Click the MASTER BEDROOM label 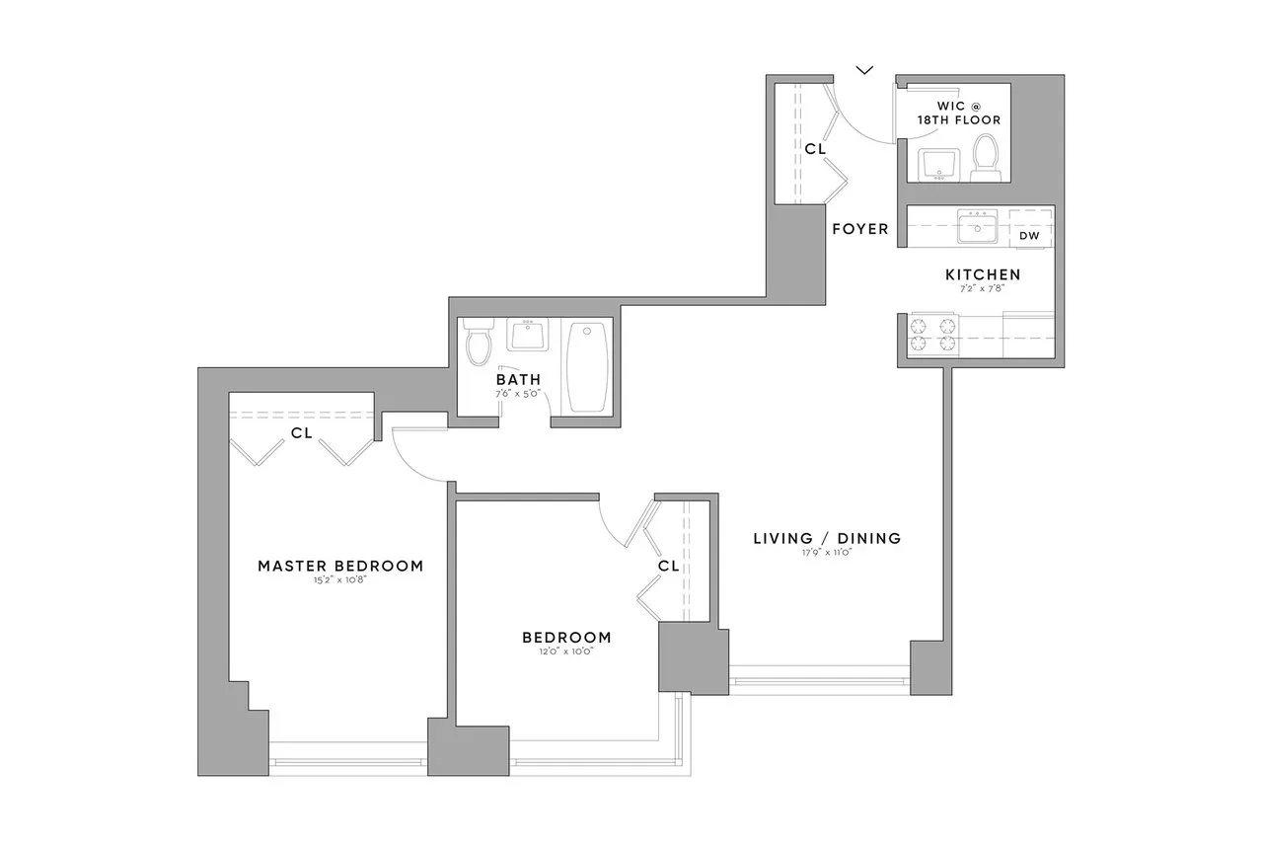[340, 566]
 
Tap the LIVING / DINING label [827, 538]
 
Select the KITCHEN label [983, 274]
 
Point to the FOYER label [859, 229]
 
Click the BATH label [518, 379]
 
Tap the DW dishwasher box [1029, 236]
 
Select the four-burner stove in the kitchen [933, 334]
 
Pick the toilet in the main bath [481, 343]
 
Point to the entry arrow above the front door [864, 69]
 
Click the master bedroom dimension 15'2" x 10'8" [340, 580]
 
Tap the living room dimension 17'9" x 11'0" [827, 553]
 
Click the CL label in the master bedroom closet [302, 432]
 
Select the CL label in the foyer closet [814, 149]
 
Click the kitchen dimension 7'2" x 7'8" [983, 289]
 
